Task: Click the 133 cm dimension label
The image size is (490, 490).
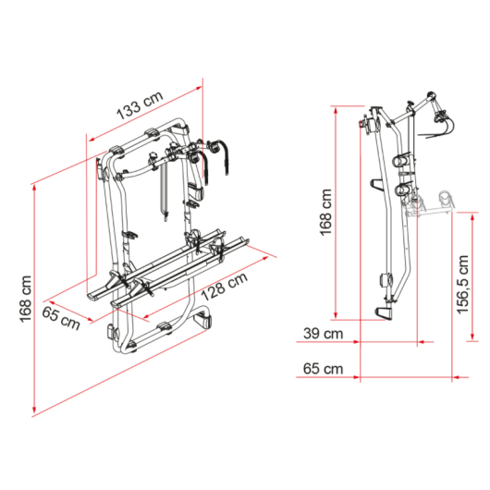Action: [x=140, y=105]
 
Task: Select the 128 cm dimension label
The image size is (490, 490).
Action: [x=225, y=286]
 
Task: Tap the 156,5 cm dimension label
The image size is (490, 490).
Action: [x=463, y=285]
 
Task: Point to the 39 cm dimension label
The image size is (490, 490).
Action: [x=324, y=334]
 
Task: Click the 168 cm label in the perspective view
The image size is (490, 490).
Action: [x=26, y=299]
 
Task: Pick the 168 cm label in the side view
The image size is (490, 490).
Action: [x=325, y=213]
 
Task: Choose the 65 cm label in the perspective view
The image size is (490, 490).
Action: [x=61, y=318]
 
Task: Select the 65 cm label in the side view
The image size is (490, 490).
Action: [x=324, y=369]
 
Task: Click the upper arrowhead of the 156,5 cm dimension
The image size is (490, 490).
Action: [x=472, y=216]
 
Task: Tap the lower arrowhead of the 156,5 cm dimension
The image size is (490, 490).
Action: [x=472, y=337]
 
